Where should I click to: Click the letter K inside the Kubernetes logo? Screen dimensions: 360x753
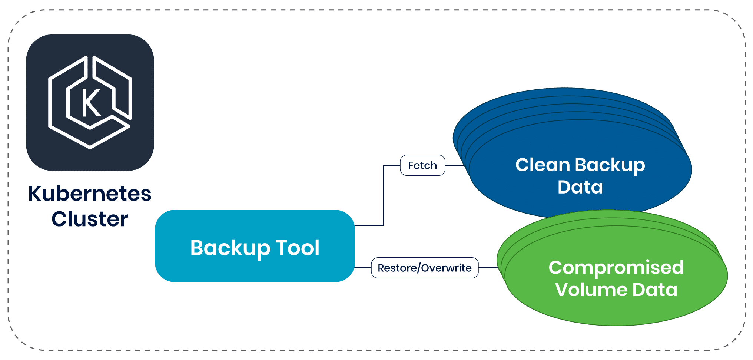[90, 103]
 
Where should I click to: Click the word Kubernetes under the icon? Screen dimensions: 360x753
[90, 194]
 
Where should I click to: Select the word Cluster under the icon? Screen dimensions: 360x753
[90, 219]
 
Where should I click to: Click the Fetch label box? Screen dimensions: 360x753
[422, 165]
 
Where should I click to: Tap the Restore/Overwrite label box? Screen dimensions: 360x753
[425, 268]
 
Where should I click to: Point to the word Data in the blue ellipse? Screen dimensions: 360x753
[580, 187]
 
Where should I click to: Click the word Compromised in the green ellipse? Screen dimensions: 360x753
[616, 268]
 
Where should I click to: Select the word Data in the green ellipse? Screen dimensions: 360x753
[655, 290]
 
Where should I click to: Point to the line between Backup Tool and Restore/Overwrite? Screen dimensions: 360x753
[363, 268]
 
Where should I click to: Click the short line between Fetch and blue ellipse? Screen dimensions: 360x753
[454, 165]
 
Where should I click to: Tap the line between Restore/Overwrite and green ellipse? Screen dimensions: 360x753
[488, 268]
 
